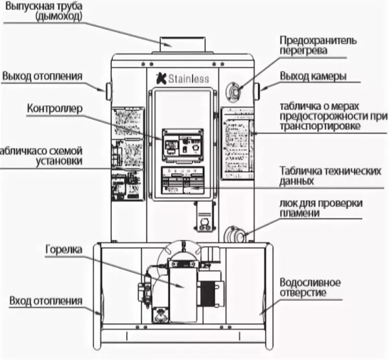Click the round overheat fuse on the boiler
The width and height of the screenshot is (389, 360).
point(235,89)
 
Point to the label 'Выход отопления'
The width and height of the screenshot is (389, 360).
point(41,76)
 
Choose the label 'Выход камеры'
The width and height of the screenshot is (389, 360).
point(312,76)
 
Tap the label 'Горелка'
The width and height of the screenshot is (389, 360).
point(64,249)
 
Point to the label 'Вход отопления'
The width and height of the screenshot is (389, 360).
point(46,301)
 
